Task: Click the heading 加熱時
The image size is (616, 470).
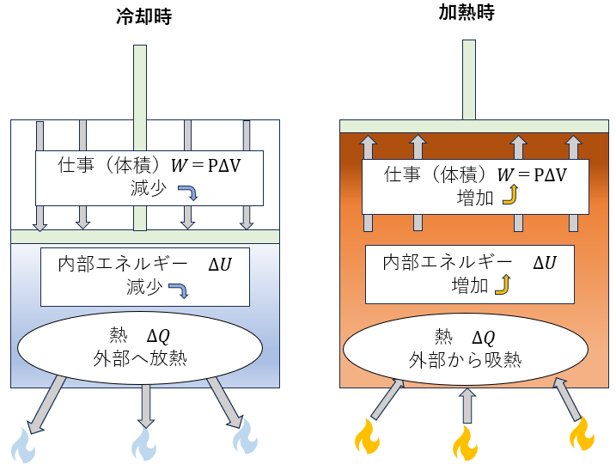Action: point(467,12)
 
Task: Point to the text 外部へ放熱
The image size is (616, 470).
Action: point(142,358)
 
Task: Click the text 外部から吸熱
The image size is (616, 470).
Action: point(467,358)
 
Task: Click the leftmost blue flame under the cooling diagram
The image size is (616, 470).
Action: point(22,446)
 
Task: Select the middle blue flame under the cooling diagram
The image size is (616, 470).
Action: point(143,444)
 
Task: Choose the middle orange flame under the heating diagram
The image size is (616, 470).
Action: point(465,444)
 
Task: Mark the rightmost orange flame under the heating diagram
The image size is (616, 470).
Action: point(582,434)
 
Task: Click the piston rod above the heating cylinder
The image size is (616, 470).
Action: point(469,79)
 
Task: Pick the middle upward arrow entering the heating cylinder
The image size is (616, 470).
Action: point(467,406)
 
